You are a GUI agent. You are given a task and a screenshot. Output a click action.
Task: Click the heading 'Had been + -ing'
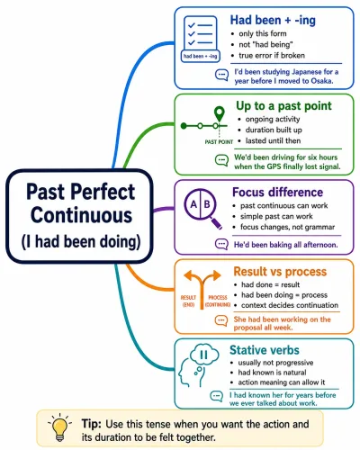pyautogui.click(x=273, y=21)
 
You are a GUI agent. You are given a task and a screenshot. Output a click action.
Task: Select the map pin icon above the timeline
pyautogui.click(x=220, y=113)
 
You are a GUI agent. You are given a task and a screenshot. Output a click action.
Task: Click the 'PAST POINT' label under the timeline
pyautogui.click(x=219, y=142)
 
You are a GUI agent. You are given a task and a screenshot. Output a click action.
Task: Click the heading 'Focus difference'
pyautogui.click(x=277, y=193)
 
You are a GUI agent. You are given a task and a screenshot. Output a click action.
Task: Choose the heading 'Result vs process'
pyautogui.click(x=280, y=272)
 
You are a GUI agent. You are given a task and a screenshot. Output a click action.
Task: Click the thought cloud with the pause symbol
pyautogui.click(x=204, y=355)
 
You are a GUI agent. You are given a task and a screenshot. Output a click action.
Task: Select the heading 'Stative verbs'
pyautogui.click(x=265, y=350)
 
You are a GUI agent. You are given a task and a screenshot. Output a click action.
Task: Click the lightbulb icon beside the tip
pyautogui.click(x=59, y=427)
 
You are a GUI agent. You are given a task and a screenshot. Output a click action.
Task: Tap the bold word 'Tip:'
pyautogui.click(x=92, y=424)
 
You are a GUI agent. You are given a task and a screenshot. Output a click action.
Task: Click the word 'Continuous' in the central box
pyautogui.click(x=81, y=215)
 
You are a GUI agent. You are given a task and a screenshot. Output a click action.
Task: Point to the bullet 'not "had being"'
pyautogui.click(x=265, y=45)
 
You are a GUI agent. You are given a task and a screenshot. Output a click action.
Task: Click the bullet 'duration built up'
pyautogui.click(x=274, y=130)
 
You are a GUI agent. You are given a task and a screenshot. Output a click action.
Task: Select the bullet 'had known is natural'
pyautogui.click(x=272, y=373)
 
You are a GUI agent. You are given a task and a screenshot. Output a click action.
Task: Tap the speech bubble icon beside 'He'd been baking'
pyautogui.click(x=221, y=244)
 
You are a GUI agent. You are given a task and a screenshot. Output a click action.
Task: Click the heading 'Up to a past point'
pyautogui.click(x=283, y=106)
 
